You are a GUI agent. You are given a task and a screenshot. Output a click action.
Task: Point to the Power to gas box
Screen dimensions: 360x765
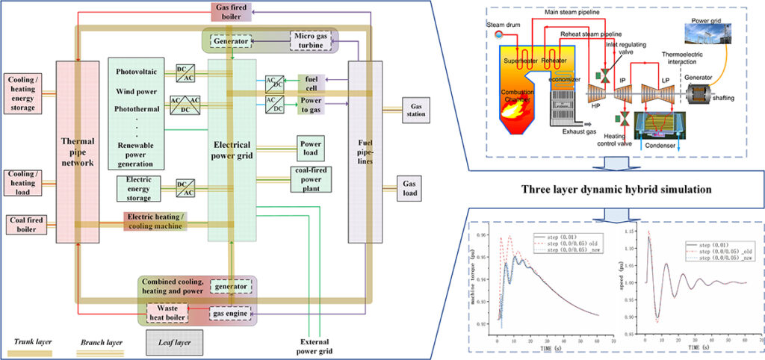[x=312, y=105]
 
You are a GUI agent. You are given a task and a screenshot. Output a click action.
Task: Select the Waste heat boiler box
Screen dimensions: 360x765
[x=167, y=313]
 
